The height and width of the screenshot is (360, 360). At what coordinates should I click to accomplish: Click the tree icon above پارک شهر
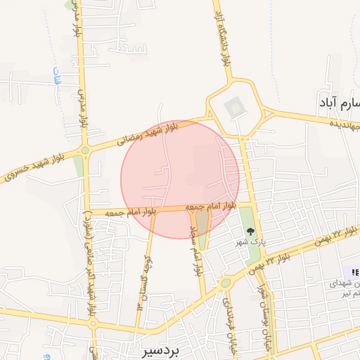click(250, 230)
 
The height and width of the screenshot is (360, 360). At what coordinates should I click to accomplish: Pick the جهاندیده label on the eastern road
click(346, 124)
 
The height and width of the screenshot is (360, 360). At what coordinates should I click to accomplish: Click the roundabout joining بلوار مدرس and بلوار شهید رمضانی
click(86, 150)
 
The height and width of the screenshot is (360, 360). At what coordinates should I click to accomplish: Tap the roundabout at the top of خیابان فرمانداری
click(226, 283)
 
